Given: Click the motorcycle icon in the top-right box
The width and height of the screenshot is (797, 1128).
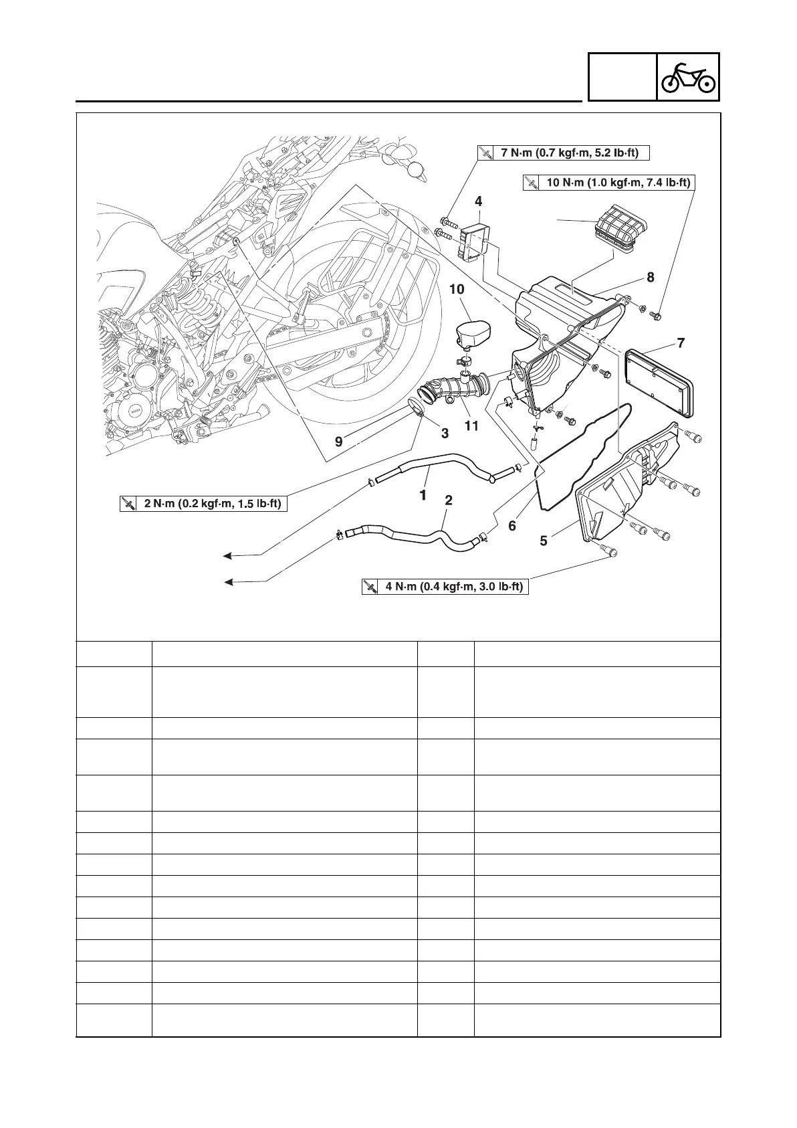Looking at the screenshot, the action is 688,77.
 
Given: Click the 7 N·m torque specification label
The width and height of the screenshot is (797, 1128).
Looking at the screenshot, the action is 564,153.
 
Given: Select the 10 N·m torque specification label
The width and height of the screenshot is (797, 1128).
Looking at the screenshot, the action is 608,183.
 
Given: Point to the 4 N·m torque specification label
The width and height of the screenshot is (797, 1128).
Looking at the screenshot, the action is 445,587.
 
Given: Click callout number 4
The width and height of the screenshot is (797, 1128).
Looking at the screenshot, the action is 479,201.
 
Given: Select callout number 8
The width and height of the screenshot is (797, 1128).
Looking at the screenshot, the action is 650,278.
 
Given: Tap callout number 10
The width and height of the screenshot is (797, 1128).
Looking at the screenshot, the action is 457,290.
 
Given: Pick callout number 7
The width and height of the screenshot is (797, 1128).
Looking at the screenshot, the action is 681,344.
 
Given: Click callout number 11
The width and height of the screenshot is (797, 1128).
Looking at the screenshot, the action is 472,426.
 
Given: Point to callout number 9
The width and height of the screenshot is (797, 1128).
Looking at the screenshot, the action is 339,442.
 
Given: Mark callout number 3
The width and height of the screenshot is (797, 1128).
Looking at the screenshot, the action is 445,434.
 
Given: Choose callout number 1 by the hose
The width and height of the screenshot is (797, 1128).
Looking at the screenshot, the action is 423,496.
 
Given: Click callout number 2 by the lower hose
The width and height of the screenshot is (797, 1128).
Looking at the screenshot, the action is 449,500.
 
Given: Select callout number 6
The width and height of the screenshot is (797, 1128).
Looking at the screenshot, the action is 512,526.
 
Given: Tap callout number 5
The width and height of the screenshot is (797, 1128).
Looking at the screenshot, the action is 544,541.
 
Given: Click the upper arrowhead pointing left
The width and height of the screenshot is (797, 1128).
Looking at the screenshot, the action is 228,555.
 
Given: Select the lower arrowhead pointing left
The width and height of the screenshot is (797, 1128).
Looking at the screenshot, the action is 228,582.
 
